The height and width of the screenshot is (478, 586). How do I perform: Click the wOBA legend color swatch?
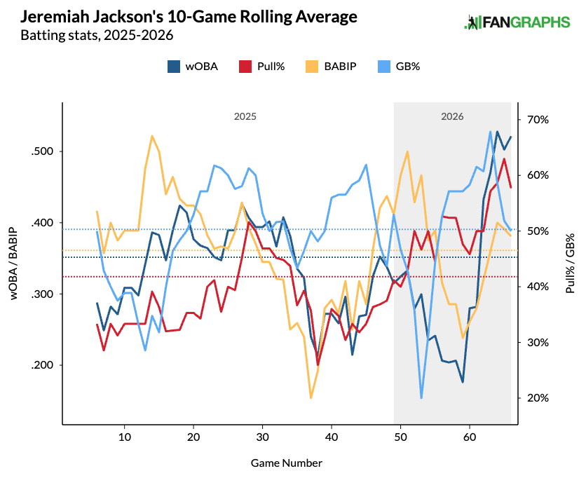point(174,67)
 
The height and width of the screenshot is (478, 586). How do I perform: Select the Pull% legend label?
point(271,67)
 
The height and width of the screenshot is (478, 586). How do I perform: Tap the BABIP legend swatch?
point(312,67)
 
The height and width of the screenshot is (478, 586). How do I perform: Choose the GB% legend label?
point(408,67)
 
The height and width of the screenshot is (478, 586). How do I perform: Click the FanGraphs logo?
point(517,22)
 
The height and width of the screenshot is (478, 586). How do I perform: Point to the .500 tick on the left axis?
point(43,151)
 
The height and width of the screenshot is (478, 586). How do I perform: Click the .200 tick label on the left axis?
point(43,365)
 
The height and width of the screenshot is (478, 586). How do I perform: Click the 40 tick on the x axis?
point(332,437)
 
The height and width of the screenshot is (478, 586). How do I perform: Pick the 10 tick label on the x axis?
point(125,437)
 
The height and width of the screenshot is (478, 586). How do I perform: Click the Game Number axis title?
point(286,463)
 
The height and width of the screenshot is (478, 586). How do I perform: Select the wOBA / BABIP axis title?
point(13,264)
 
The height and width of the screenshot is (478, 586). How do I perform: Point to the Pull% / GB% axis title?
point(571,264)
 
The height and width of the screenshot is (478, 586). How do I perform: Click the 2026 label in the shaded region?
point(452,116)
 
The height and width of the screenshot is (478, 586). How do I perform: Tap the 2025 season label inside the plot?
point(245,116)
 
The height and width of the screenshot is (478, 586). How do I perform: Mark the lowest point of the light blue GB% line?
point(421,398)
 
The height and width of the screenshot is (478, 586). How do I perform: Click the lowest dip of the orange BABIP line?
point(311,397)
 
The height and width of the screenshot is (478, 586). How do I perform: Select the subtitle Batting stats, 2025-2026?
point(97,35)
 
